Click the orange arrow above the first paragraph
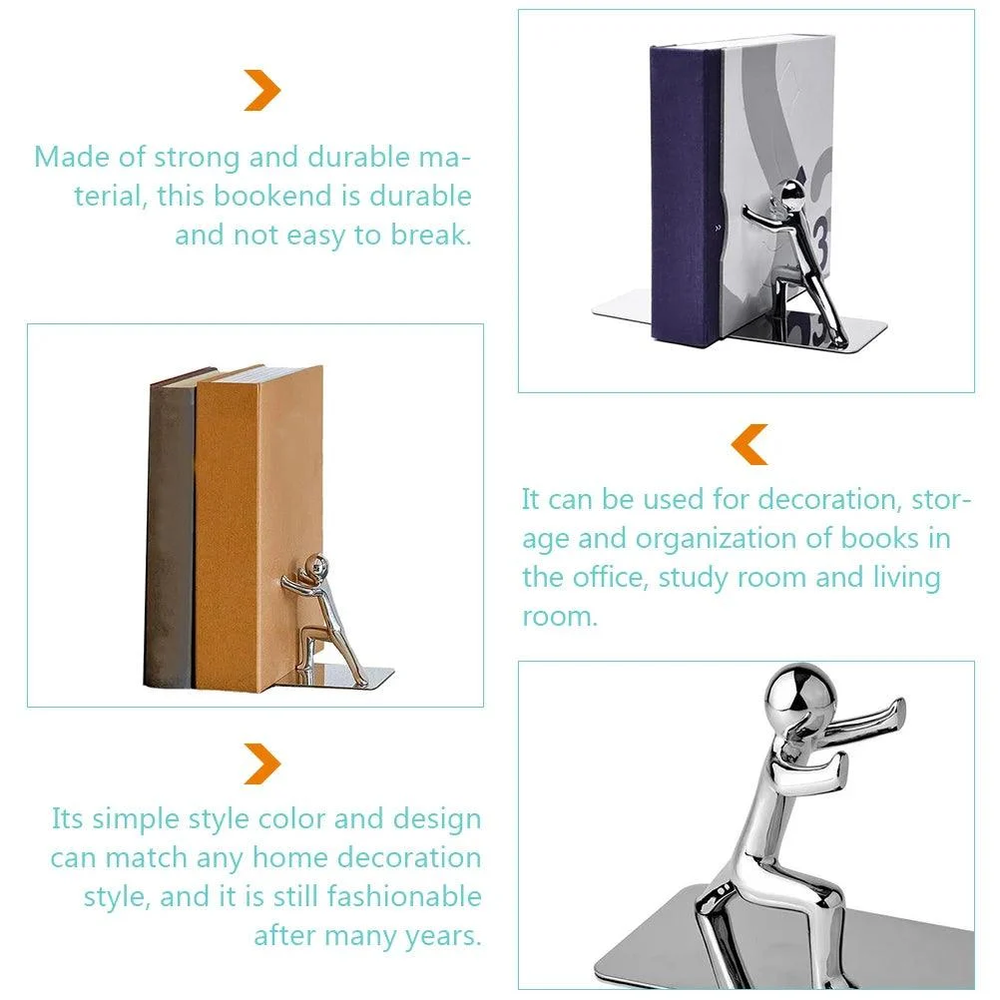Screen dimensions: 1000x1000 coord(262,91)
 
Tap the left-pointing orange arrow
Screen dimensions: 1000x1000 coord(750,444)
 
